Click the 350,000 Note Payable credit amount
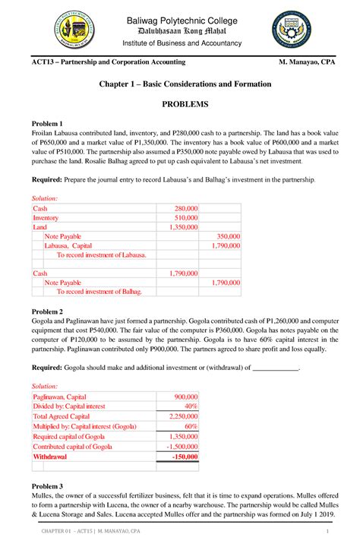tap(228, 236)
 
